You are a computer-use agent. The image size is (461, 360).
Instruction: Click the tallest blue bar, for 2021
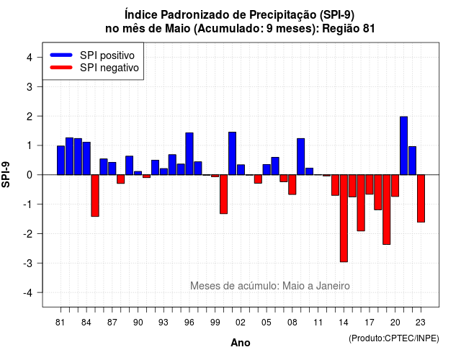[x=403, y=145]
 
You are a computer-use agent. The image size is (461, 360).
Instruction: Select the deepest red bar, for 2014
[x=344, y=218]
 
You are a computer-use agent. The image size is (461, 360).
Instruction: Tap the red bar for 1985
[x=95, y=196]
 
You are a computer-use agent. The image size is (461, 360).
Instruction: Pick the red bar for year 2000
[x=224, y=194]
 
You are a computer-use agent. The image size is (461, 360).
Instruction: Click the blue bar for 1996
[x=189, y=153]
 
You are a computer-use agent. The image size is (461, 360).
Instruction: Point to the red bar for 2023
[x=421, y=199]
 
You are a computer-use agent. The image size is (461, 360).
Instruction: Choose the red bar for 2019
[x=387, y=210]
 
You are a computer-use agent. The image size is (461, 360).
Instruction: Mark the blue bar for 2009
[x=301, y=157]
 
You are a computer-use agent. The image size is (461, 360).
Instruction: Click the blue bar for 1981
[x=61, y=160]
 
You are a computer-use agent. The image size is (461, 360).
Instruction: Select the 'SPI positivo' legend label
[x=107, y=55]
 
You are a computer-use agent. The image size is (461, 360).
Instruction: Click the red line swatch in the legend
[x=61, y=68]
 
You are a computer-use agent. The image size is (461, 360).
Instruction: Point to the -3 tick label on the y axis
[x=30, y=263]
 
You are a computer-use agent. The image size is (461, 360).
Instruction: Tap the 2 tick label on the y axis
[x=30, y=117]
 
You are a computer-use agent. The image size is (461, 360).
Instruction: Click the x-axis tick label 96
[x=189, y=323]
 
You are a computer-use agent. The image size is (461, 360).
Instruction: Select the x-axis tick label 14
[x=344, y=323]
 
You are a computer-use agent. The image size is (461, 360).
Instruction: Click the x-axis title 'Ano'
[x=241, y=343]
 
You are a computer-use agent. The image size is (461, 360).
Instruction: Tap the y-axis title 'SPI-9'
[x=6, y=174]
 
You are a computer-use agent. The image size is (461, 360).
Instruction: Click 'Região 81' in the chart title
[x=349, y=29]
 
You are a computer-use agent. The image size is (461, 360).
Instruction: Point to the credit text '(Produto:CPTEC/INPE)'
[x=394, y=338]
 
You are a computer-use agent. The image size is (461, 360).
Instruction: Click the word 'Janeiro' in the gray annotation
[x=333, y=286]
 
